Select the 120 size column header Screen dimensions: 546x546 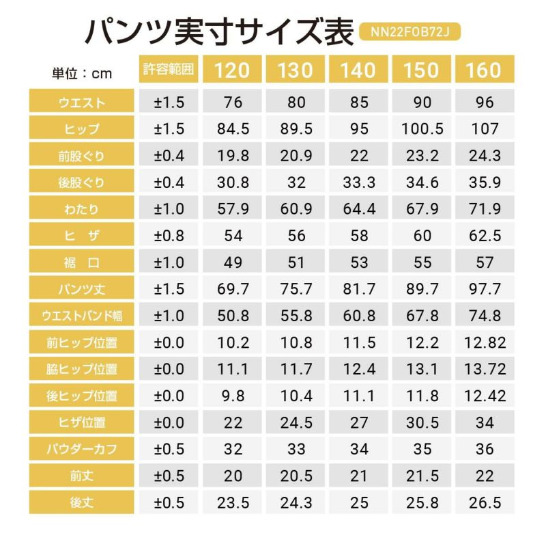click(233, 70)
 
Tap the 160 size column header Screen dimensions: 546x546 click(483, 70)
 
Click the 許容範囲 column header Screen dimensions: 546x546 click(169, 70)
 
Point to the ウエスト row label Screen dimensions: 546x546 click(82, 103)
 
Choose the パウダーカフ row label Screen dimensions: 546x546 click(82, 450)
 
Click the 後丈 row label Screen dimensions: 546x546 click(82, 503)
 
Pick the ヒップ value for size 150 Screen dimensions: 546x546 click(422, 130)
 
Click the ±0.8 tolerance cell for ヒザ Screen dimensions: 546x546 click(169, 236)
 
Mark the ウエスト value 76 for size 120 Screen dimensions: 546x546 click(233, 103)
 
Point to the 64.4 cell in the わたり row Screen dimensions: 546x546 click(358, 210)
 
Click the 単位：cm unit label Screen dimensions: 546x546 click(81, 73)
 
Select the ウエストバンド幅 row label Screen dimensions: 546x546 click(82, 316)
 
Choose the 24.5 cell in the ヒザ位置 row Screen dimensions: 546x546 click(296, 423)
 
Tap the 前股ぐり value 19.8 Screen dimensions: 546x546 click(233, 156)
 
